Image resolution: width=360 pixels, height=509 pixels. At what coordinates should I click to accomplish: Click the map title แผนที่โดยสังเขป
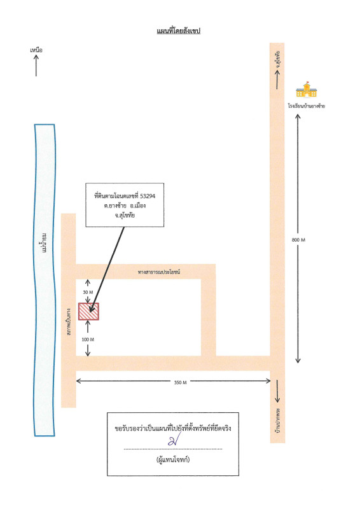pyautogui.click(x=179, y=31)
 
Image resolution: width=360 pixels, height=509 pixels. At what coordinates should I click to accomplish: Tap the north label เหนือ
pyautogui.click(x=36, y=50)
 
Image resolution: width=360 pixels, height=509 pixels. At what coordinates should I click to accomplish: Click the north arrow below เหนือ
pyautogui.click(x=36, y=66)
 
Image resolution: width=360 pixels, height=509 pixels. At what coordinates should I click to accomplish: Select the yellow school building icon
pyautogui.click(x=306, y=89)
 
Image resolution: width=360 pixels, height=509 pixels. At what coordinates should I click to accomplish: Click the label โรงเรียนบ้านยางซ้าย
pyautogui.click(x=307, y=106)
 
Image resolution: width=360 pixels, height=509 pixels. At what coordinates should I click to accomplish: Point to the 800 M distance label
pyautogui.click(x=298, y=240)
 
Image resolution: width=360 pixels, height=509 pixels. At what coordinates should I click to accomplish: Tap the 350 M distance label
pyautogui.click(x=180, y=382)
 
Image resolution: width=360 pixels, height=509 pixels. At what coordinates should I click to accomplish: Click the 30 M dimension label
pyautogui.click(x=88, y=292)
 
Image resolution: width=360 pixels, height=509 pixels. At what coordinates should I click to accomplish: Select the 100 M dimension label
pyautogui.click(x=88, y=339)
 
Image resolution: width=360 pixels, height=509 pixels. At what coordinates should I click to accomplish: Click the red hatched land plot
pyautogui.click(x=88, y=312)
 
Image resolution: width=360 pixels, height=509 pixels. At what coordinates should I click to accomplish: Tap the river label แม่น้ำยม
pyautogui.click(x=45, y=242)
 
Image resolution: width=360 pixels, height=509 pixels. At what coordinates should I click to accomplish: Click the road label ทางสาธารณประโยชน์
pyautogui.click(x=159, y=272)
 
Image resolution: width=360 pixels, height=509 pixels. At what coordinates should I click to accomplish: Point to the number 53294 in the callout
pyautogui.click(x=148, y=196)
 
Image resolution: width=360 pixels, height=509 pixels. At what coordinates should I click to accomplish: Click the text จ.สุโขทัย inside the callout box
pyautogui.click(x=125, y=215)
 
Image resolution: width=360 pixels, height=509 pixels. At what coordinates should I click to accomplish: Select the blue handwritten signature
pyautogui.click(x=174, y=440)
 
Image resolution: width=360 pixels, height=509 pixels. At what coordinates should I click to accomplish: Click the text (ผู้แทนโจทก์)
pyautogui.click(x=173, y=459)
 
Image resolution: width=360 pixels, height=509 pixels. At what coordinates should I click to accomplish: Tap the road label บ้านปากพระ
pyautogui.click(x=277, y=420)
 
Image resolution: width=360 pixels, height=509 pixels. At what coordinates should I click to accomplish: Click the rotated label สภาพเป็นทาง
pyautogui.click(x=69, y=322)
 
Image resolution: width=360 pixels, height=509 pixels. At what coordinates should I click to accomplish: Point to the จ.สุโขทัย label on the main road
pyautogui.click(x=277, y=59)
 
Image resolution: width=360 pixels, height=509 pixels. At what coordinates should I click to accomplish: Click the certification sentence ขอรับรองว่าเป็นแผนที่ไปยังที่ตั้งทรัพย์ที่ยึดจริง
pyautogui.click(x=173, y=428)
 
